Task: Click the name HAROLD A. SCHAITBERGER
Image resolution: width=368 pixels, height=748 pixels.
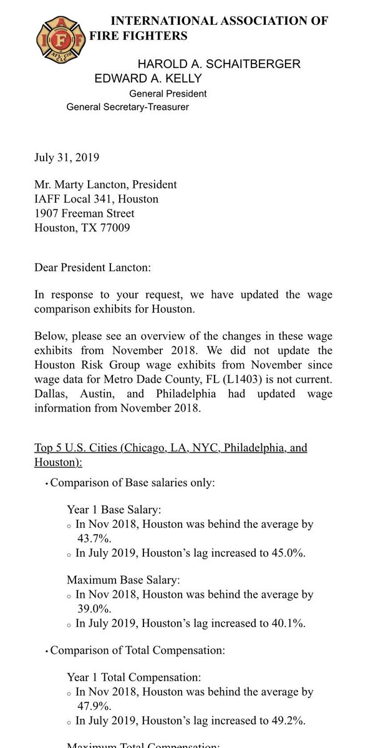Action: [x=219, y=64]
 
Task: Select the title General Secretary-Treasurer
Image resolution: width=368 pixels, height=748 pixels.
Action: [x=128, y=107]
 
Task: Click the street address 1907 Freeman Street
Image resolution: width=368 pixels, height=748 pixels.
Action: [x=84, y=214]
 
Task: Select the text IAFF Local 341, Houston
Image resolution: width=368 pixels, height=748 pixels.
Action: [x=96, y=199]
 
